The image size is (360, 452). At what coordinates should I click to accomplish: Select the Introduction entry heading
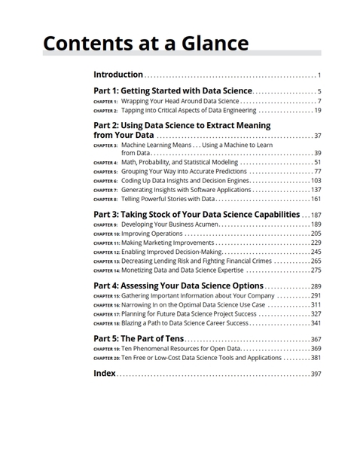pyautogui.click(x=117, y=75)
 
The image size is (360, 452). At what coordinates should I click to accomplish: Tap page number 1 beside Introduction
pyautogui.click(x=319, y=75)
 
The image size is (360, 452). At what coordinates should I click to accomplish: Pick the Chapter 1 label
pyautogui.click(x=105, y=102)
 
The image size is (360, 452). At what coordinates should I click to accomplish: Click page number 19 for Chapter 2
pyautogui.click(x=317, y=111)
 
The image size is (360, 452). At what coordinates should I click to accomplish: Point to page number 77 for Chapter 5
pyautogui.click(x=317, y=172)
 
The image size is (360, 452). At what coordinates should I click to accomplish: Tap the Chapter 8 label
pyautogui.click(x=105, y=200)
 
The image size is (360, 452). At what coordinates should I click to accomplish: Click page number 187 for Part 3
pyautogui.click(x=316, y=215)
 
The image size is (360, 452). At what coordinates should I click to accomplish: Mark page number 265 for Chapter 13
pyautogui.click(x=316, y=261)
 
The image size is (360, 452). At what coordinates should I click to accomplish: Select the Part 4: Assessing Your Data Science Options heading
pyautogui.click(x=178, y=286)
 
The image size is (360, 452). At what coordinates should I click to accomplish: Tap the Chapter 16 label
pyautogui.click(x=105, y=305)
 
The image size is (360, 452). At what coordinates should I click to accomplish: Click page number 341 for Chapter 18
pyautogui.click(x=316, y=323)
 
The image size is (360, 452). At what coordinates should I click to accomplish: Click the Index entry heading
pyautogui.click(x=104, y=374)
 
